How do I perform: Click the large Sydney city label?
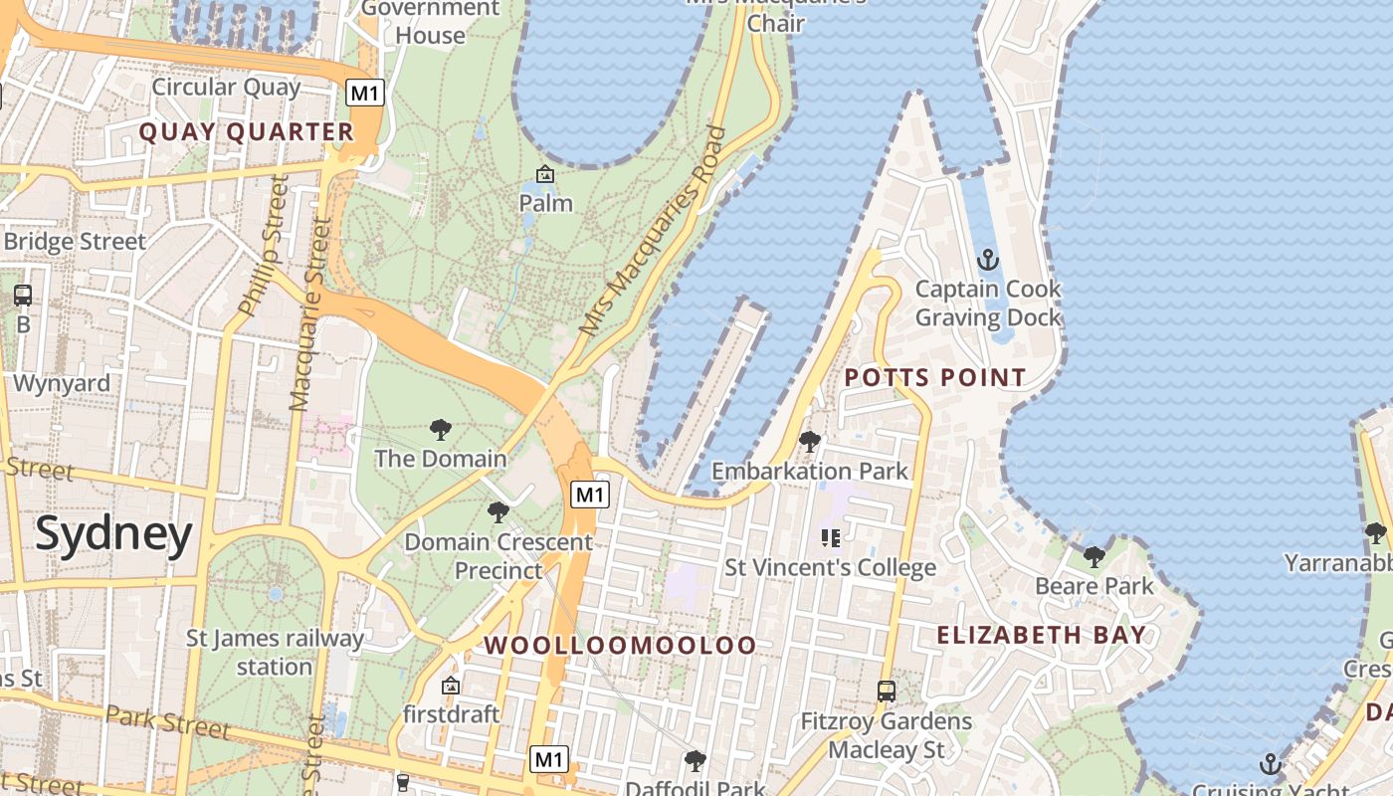(113, 534)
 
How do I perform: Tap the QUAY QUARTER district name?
(246, 132)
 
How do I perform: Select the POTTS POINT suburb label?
(934, 377)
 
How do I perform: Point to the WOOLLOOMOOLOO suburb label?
(620, 645)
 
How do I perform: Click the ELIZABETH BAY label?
(1041, 635)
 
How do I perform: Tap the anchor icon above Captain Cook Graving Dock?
(987, 261)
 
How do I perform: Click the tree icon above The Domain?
(440, 430)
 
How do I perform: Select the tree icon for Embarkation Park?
(810, 441)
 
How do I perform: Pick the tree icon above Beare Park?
(1094, 557)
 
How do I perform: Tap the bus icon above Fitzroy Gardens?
(886, 691)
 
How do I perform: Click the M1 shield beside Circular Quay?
(365, 94)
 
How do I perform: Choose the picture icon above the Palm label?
(545, 175)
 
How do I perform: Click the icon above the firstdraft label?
(450, 686)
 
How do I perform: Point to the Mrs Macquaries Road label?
(653, 231)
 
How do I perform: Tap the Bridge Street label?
(75, 242)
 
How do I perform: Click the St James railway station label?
(275, 652)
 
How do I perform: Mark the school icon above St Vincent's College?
(831, 538)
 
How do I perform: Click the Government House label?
(430, 22)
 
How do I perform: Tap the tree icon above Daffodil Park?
(695, 761)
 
